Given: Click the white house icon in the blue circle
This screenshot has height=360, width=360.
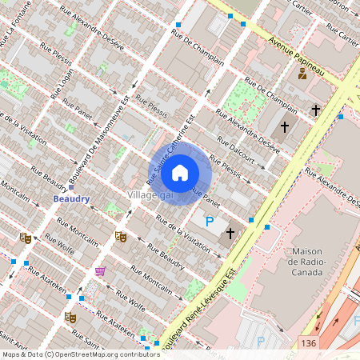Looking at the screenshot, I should pyautogui.click(x=180, y=172).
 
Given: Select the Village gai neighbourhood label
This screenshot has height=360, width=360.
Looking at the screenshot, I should pyautogui.click(x=150, y=195).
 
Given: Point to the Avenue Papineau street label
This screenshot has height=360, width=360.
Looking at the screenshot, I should pyautogui.click(x=296, y=57).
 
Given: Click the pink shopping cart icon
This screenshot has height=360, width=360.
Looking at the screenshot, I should pyautogui.click(x=100, y=272).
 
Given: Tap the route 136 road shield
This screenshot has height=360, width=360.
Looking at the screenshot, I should pyautogui.click(x=309, y=343).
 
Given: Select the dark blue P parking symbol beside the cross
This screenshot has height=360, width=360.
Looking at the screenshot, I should pyautogui.click(x=210, y=222).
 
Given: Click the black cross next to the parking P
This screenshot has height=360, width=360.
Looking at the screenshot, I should pyautogui.click(x=230, y=233).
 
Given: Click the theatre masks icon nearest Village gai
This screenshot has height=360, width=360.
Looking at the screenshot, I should pyautogui.click(x=120, y=236).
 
